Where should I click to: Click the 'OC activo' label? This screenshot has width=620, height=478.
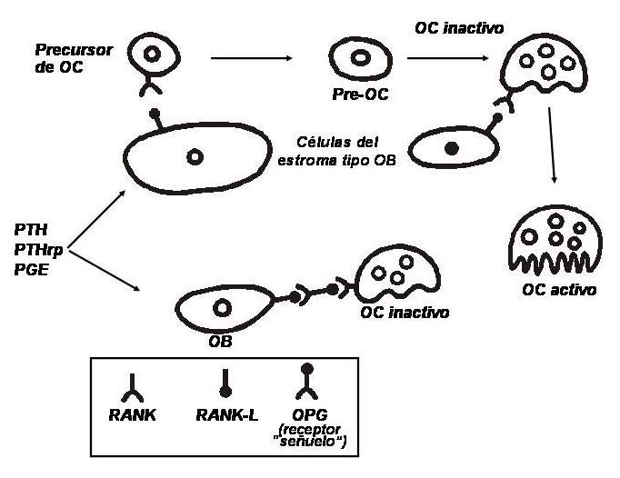(558, 292)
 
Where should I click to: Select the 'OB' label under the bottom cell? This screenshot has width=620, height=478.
(220, 342)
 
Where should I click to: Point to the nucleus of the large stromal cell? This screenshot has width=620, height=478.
(194, 156)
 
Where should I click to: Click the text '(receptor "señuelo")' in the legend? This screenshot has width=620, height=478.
(315, 434)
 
